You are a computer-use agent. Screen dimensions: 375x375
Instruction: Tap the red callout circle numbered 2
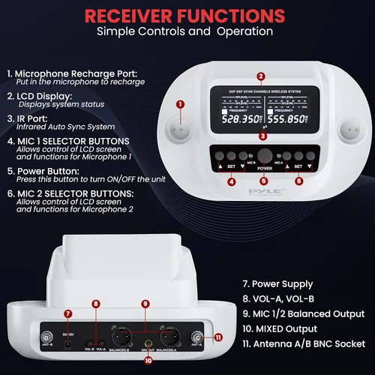tap(260, 76)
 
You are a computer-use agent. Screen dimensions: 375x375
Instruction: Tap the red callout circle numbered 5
tap(263, 181)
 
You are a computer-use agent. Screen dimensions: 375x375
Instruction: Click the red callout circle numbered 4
tap(231, 181)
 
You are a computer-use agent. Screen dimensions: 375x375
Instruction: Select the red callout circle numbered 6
tap(298, 181)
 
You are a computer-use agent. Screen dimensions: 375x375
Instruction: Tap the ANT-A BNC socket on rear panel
tap(199, 337)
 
